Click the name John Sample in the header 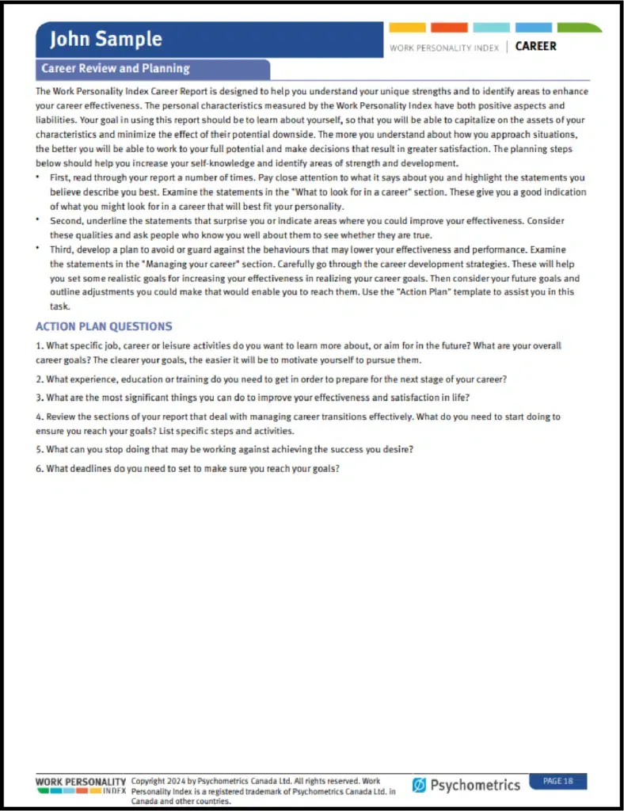[105, 39]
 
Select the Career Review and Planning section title [116, 69]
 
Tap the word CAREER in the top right [535, 46]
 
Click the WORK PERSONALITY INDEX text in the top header [444, 48]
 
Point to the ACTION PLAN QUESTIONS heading [104, 326]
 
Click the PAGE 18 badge [557, 781]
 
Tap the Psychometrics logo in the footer [466, 785]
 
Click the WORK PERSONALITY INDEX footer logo [81, 786]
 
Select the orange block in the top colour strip [449, 28]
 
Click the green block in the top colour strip [577, 28]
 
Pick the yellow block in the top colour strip [407, 28]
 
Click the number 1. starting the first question [40, 346]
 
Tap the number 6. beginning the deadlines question [40, 468]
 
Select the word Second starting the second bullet [67, 221]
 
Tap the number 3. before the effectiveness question [40, 398]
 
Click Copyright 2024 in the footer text [159, 781]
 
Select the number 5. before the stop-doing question [40, 449]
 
